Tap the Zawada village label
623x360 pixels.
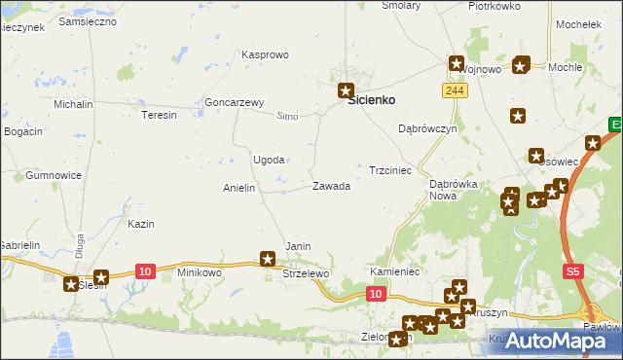(331, 186)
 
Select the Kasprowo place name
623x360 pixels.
(265, 55)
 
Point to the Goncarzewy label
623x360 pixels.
(235, 102)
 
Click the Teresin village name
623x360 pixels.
(159, 115)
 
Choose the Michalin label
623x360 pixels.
(73, 103)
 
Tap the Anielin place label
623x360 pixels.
(238, 188)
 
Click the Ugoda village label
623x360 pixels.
(269, 160)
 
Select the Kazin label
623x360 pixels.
(141, 224)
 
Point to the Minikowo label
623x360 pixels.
(200, 272)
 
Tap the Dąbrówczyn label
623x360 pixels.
(428, 128)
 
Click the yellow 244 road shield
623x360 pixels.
(453, 90)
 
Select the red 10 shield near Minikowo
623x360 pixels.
(145, 270)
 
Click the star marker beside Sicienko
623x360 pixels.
(346, 90)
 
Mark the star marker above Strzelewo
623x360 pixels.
(268, 259)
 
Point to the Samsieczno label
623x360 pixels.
(88, 20)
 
